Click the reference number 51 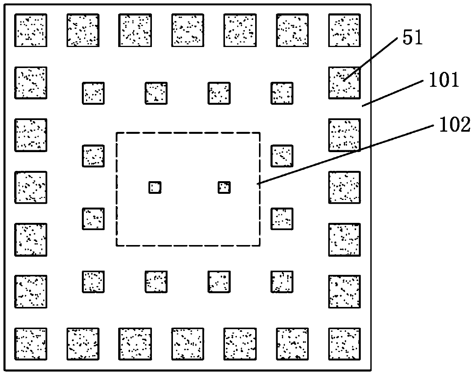(x=412, y=39)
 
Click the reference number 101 (x=444, y=81)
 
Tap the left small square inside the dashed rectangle (x=155, y=187)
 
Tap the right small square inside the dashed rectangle (x=224, y=187)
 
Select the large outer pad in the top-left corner (x=31, y=30)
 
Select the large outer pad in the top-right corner (x=344, y=30)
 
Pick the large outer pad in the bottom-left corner (x=31, y=344)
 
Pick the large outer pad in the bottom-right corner (x=344, y=344)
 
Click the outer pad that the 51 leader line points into (x=344, y=83)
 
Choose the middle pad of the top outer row (x=187, y=30)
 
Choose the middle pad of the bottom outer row (x=187, y=344)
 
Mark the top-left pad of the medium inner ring (x=93, y=93)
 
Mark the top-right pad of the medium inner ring (x=282, y=93)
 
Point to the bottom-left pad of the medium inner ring (x=93, y=282)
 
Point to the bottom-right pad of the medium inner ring (x=282, y=282)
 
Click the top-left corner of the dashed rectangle (x=117, y=133)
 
